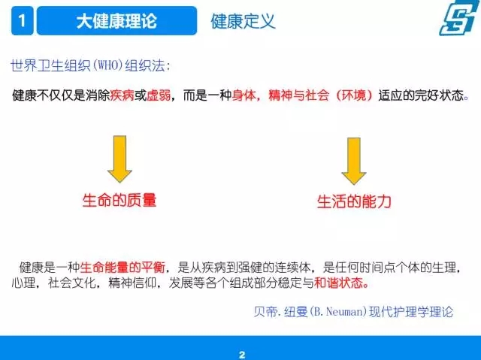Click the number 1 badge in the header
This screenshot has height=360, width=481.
(22, 20)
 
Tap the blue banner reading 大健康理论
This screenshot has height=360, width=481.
(116, 20)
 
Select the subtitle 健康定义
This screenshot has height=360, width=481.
(243, 22)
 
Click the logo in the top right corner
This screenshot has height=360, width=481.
(458, 18)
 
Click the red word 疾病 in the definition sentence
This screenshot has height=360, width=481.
(122, 95)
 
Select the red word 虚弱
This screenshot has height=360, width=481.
(159, 95)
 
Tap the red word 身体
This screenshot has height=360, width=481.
(244, 95)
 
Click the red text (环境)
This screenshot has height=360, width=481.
(354, 95)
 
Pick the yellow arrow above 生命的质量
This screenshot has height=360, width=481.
(119, 159)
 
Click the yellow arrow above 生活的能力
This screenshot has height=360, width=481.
(354, 161)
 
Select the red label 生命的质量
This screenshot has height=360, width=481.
(119, 200)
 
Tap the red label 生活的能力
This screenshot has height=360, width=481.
(354, 201)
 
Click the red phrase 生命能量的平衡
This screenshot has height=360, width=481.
(123, 268)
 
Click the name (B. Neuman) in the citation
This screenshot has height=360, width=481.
(338, 312)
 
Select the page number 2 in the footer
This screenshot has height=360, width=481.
(242, 355)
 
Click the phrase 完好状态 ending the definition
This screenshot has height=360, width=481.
(439, 95)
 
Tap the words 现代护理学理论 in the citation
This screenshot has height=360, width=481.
(411, 312)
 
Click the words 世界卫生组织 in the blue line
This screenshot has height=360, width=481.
(51, 65)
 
